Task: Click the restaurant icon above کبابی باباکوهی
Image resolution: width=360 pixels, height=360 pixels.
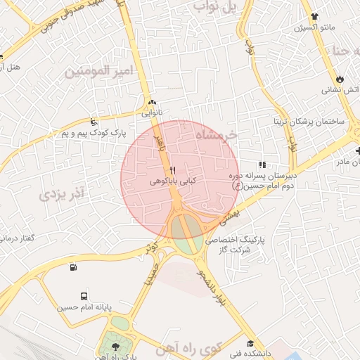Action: click(x=173, y=170)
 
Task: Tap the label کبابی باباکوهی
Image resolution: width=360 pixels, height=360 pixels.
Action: click(x=173, y=181)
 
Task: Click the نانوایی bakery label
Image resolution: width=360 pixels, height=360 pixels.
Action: click(x=152, y=112)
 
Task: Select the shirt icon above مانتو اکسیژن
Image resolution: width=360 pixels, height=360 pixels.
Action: click(x=314, y=17)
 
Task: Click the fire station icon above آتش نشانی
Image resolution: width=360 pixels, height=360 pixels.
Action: click(x=341, y=79)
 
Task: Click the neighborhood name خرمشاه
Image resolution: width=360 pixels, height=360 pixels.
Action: click(x=217, y=134)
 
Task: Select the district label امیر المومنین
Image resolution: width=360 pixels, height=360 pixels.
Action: click(x=98, y=71)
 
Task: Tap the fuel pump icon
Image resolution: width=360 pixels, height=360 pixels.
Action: click(x=73, y=266)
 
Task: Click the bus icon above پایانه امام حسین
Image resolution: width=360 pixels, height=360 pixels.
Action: click(x=84, y=296)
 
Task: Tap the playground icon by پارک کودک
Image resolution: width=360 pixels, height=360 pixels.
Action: click(x=95, y=122)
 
